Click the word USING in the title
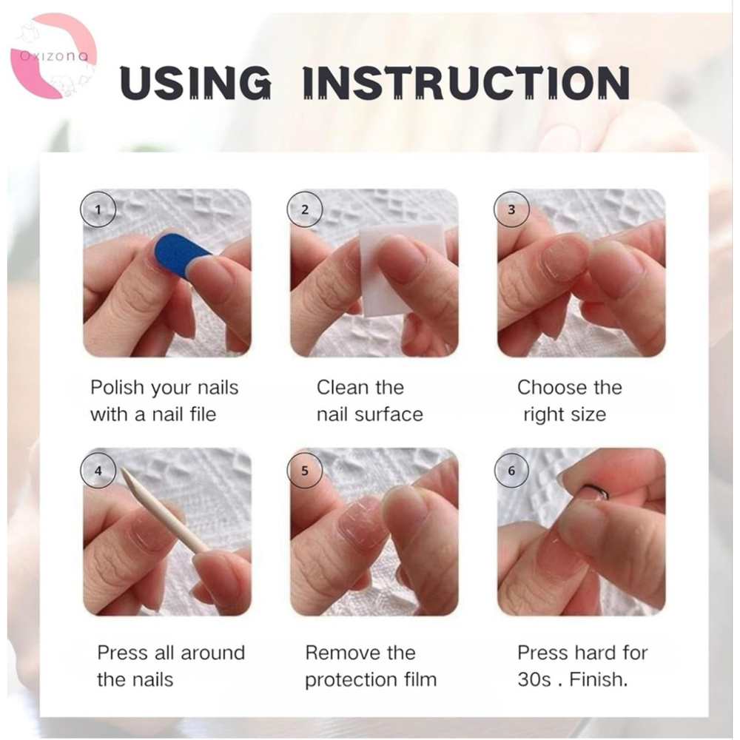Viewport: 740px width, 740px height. point(195,82)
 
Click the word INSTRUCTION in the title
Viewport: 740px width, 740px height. point(466,82)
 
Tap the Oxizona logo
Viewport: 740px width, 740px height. point(53,56)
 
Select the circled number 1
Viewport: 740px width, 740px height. point(98,209)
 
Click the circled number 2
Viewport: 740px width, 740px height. point(305,209)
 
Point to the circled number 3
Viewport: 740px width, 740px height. point(511,209)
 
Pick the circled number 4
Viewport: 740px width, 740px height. point(98,471)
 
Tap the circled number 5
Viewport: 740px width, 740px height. point(305,471)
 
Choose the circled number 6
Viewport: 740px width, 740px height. point(511,471)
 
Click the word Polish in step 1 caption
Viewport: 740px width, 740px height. point(117,388)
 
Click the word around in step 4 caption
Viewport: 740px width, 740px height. point(213,653)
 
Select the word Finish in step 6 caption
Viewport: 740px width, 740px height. point(599,680)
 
